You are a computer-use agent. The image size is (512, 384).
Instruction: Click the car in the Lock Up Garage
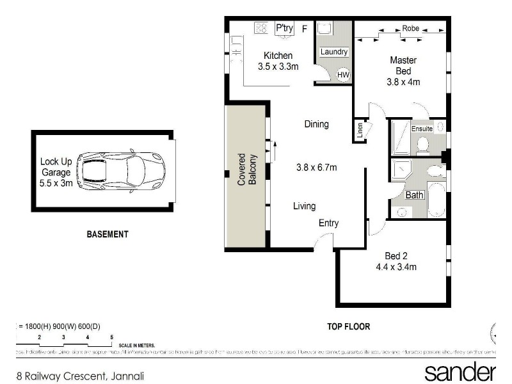[121, 170]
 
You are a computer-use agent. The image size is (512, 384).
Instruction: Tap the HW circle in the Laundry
[343, 75]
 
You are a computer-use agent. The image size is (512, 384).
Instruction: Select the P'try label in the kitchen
[284, 28]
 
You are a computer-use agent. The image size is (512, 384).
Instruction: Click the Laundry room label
[334, 52]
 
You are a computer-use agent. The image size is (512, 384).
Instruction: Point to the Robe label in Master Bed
[410, 29]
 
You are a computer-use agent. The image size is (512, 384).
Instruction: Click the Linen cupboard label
[360, 131]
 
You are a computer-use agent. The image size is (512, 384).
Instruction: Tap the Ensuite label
[422, 129]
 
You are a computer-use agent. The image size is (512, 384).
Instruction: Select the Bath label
[414, 195]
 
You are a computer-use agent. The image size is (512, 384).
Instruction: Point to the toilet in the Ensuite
[422, 146]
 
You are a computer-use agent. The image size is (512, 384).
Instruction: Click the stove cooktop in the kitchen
[261, 28]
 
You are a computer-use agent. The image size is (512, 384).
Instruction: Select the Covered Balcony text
[247, 170]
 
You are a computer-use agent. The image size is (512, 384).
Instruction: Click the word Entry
[328, 223]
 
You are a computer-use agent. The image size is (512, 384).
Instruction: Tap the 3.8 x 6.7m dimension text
[316, 168]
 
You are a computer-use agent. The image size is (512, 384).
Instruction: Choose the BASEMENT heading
[108, 234]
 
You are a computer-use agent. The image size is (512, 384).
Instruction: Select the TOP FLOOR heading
[349, 326]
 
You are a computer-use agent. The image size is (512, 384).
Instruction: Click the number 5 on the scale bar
[111, 337]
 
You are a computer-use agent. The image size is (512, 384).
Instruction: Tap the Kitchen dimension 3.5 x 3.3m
[278, 66]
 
